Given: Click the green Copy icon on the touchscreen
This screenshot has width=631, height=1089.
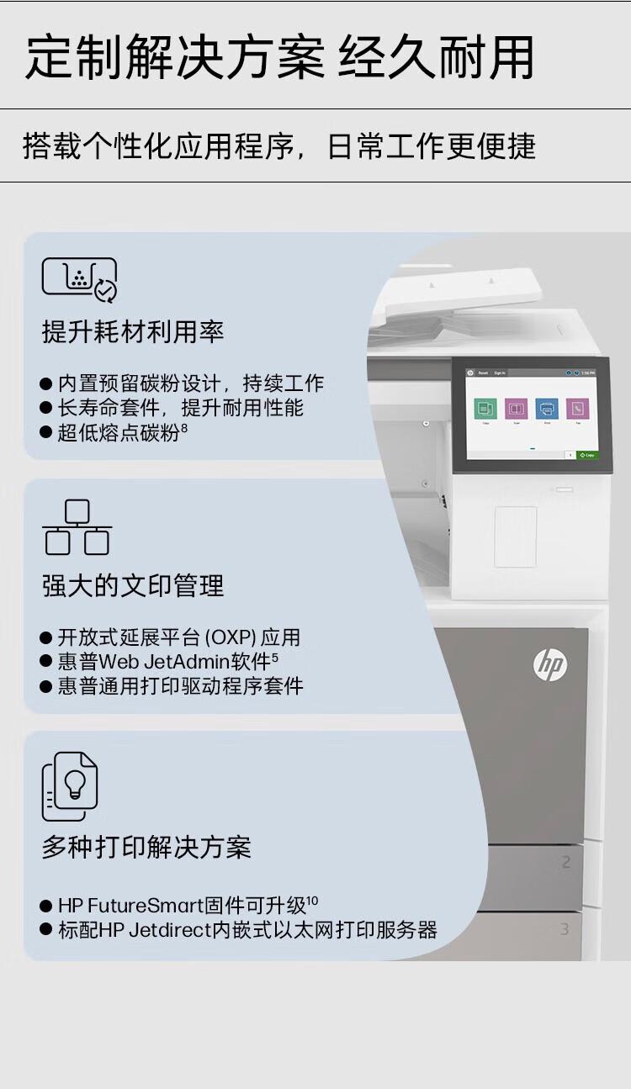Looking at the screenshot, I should click(485, 409).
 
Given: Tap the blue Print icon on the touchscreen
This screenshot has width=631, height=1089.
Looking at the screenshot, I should click(546, 409).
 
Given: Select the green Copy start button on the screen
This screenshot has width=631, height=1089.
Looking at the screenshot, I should click(588, 455).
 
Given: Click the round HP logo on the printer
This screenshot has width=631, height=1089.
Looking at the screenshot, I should click(550, 665).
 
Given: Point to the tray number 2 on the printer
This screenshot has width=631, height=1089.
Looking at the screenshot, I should click(565, 862).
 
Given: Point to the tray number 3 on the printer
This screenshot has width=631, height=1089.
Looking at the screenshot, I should click(565, 928).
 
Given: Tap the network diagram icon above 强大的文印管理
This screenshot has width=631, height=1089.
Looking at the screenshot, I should click(77, 527).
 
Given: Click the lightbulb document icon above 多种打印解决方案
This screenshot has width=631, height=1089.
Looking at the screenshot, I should click(71, 786).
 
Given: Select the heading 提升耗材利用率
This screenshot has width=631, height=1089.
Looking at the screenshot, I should click(133, 331).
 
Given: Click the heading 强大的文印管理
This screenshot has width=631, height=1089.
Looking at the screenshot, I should click(133, 585).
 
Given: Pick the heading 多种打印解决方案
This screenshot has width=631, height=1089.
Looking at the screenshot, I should click(146, 847).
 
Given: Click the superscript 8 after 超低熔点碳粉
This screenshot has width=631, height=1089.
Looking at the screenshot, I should click(184, 429).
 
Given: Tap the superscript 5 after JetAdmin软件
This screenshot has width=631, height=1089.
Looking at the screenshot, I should click(275, 656).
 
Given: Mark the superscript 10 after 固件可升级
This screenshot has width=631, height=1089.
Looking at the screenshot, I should click(312, 901).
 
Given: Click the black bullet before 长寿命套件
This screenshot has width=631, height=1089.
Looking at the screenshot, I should click(46, 409).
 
